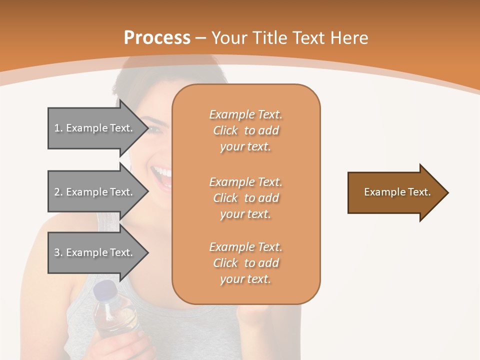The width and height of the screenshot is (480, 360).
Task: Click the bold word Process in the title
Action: [x=157, y=38]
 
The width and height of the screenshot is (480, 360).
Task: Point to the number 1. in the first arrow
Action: [x=58, y=128]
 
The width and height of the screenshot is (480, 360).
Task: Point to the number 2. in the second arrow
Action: [x=58, y=192]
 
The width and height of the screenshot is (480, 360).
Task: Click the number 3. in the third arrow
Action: [x=58, y=252]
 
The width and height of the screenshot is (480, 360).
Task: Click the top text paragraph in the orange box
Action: [x=246, y=130]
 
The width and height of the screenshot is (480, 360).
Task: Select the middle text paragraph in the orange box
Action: [x=246, y=198]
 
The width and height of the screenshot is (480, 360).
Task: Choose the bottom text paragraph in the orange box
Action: [x=246, y=263]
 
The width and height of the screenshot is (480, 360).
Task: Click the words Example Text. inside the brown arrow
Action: [x=397, y=192]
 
